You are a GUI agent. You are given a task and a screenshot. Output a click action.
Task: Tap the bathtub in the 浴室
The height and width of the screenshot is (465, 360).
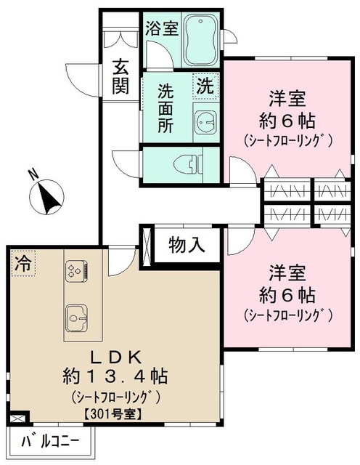[x=201, y=39]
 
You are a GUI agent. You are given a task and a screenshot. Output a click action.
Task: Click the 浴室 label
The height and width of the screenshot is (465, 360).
[x=161, y=28]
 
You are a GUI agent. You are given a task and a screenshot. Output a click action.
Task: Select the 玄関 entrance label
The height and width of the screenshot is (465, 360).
[x=120, y=76]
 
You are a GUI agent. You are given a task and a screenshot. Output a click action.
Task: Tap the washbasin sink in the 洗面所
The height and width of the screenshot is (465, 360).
[x=205, y=121]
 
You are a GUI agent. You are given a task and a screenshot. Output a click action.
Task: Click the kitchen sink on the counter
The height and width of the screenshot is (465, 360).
[x=76, y=318]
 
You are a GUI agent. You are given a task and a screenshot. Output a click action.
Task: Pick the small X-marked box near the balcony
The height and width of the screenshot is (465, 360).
[x=19, y=418]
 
